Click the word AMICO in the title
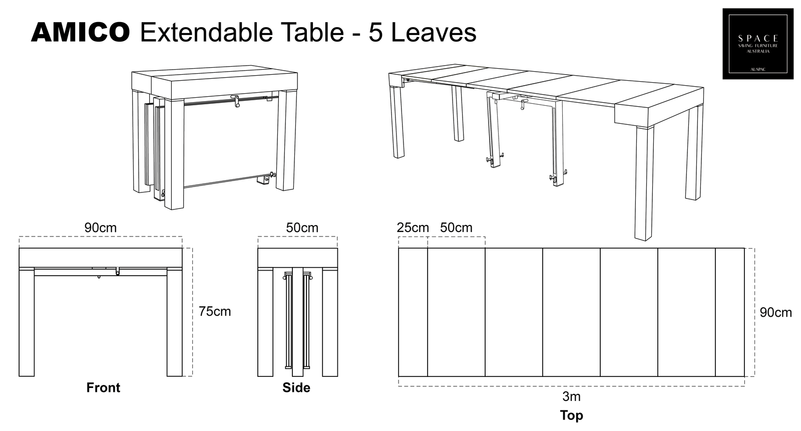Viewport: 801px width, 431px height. click(80, 33)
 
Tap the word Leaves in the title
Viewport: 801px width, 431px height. click(433, 33)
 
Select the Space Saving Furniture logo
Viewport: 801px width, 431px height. click(757, 44)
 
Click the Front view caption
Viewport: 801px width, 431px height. click(103, 387)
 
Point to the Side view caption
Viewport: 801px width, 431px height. click(296, 387)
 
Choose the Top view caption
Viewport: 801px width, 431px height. click(571, 415)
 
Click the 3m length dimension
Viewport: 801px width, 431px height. click(571, 396)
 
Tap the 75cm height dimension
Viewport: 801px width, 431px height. click(215, 311)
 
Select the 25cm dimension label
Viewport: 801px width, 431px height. click(413, 228)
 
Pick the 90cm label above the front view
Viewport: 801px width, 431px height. click(100, 228)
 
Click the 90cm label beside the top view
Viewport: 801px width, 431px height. click(775, 313)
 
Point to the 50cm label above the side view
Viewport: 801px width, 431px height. click(302, 228)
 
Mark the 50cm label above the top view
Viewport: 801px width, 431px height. click(456, 228)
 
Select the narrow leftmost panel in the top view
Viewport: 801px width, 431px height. click(413, 312)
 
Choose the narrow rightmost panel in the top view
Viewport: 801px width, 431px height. click(729, 312)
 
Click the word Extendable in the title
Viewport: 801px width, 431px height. click(206, 33)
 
